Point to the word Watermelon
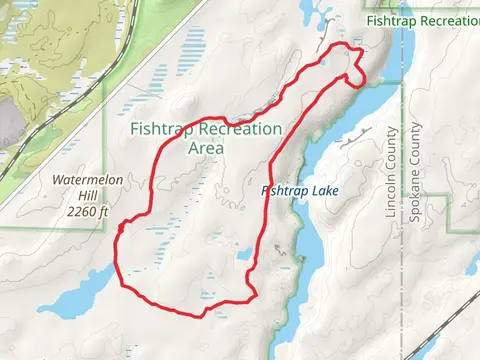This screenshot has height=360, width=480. click(x=87, y=179)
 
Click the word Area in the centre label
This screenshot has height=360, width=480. click(x=206, y=148)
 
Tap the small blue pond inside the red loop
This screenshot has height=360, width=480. click(x=245, y=254)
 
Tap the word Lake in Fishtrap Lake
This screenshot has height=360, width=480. click(x=322, y=190)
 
